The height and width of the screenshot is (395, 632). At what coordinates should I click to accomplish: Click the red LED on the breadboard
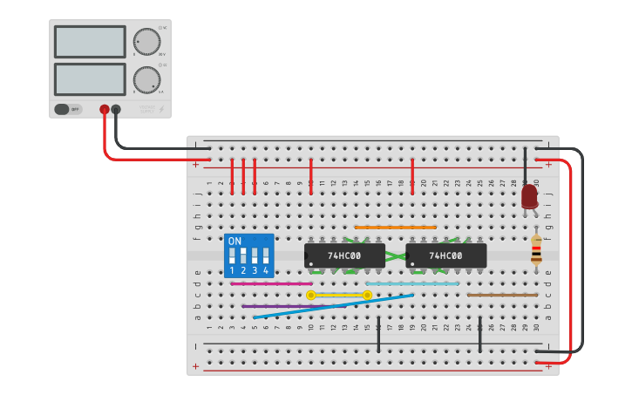point(529,196)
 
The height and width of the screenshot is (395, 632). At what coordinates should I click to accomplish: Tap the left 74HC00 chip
point(344,255)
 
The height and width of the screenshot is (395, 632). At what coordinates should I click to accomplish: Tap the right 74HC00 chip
point(445,255)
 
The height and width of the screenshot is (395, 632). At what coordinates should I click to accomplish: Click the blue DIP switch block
point(248,256)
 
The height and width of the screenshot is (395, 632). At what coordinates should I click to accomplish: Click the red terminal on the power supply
point(105,109)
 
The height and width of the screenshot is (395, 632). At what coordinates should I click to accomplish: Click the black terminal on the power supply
point(116,109)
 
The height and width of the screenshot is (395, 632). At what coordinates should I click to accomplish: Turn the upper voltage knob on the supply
point(146,41)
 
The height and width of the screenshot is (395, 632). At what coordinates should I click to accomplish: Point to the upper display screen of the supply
point(90,41)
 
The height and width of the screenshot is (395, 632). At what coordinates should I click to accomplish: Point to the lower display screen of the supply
point(90,79)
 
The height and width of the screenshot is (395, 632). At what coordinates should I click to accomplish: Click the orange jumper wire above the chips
point(395,228)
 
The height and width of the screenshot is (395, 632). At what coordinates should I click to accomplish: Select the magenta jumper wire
point(271,283)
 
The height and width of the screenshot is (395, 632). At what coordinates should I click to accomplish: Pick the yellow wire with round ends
point(339,295)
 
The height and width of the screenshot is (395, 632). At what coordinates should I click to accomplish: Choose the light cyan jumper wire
point(412,283)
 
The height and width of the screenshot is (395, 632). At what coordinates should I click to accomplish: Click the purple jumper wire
point(279,306)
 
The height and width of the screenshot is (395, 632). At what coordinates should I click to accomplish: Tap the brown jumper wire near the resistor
point(502,295)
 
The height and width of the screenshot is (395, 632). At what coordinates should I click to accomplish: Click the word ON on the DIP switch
point(234,241)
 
